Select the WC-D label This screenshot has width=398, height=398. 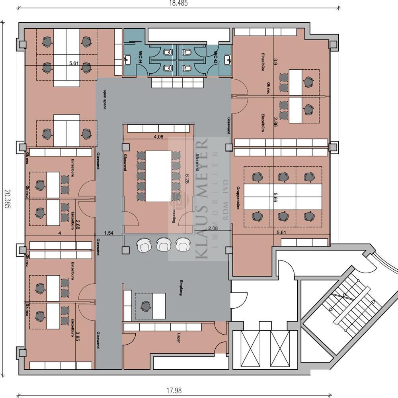pyautogui.click(x=215, y=59)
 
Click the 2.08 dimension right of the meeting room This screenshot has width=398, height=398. pyautogui.click(x=213, y=228)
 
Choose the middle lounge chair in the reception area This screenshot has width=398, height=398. pyautogui.click(x=163, y=245)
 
